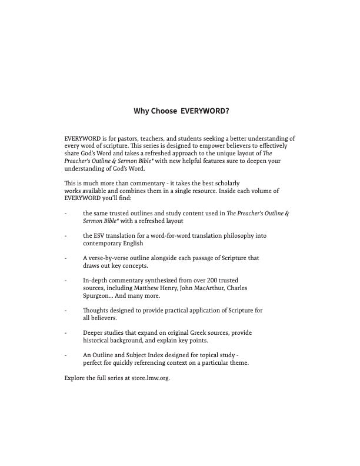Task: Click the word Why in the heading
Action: point(142,110)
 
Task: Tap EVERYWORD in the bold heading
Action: point(204,110)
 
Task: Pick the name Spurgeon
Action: point(97,296)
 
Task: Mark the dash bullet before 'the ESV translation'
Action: point(66,236)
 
